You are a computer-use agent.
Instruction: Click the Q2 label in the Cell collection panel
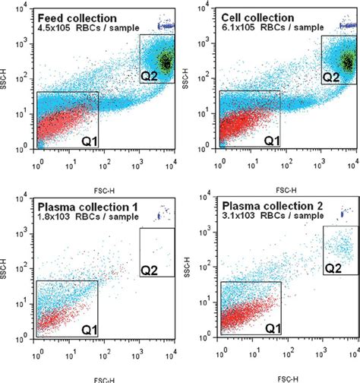point(331,76)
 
